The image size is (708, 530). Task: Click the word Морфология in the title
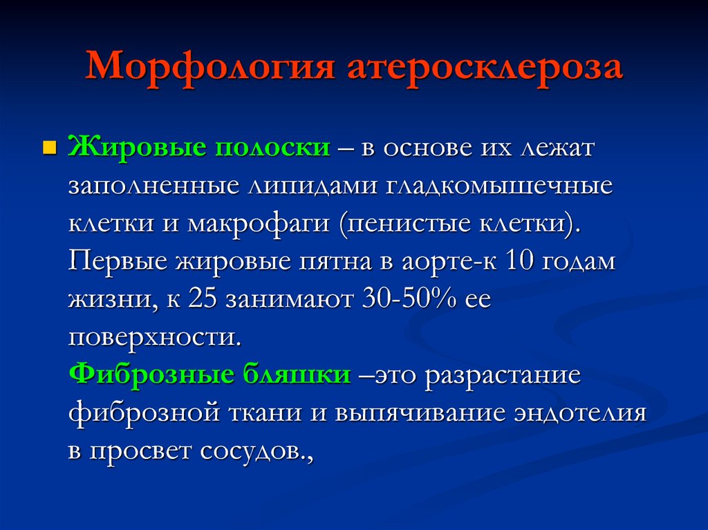click(210, 67)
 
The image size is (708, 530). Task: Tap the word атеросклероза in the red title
click(485, 67)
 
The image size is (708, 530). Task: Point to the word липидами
click(313, 185)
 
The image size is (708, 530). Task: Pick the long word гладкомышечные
click(499, 185)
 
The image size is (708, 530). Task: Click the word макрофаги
click(259, 223)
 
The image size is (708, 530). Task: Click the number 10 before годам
click(519, 261)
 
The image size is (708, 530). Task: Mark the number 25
click(203, 299)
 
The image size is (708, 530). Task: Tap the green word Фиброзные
click(151, 375)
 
